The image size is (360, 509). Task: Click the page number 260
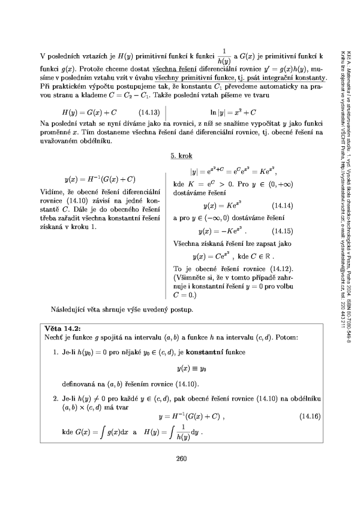pos(183,460)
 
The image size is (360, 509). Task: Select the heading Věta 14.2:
pos(61,329)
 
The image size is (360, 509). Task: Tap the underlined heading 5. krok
pos(181,155)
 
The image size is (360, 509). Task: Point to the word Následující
pos(71,309)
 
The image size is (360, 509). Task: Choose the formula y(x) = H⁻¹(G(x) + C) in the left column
pos(100,179)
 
